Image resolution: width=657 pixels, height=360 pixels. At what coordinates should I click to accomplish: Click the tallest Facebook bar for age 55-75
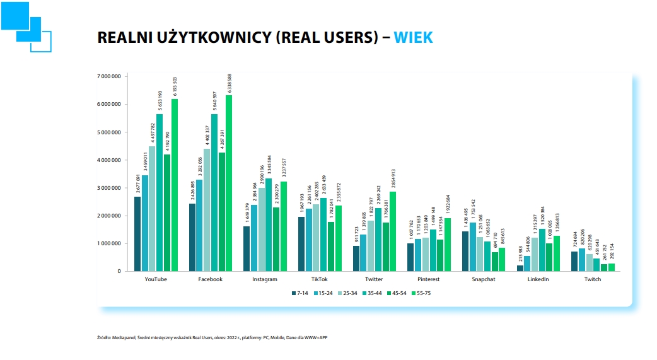click(229, 183)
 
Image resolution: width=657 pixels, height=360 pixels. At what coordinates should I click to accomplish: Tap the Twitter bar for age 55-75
click(392, 231)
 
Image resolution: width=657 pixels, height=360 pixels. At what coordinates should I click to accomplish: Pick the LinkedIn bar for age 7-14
click(520, 268)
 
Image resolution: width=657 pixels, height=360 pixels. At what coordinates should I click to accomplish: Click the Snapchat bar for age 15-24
click(472, 247)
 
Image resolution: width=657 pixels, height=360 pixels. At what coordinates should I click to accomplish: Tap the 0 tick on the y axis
click(119, 271)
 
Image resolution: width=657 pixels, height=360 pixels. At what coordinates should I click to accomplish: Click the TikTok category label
click(319, 279)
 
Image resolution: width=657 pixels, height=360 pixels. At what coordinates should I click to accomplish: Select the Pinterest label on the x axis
click(429, 279)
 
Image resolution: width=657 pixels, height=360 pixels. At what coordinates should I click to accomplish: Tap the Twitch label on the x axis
click(593, 279)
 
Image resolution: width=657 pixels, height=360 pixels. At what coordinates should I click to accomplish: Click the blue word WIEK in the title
click(413, 38)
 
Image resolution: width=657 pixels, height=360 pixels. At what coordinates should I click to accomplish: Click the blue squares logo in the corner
click(25, 25)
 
